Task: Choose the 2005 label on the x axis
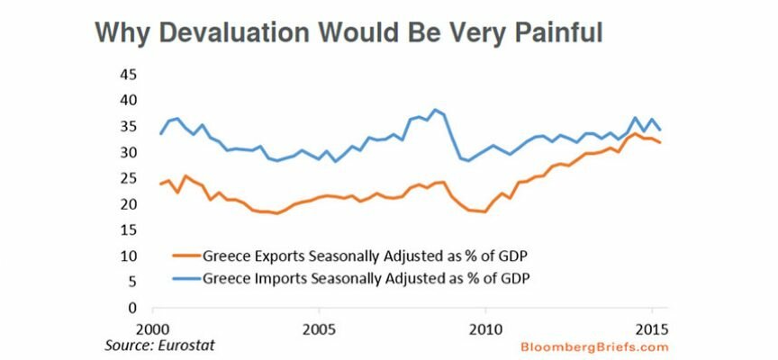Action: coord(320,325)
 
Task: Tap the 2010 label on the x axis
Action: coord(486,325)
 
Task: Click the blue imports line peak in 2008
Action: coord(436,110)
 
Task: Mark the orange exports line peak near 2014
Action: coord(636,133)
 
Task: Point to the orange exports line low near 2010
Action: coord(484,212)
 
